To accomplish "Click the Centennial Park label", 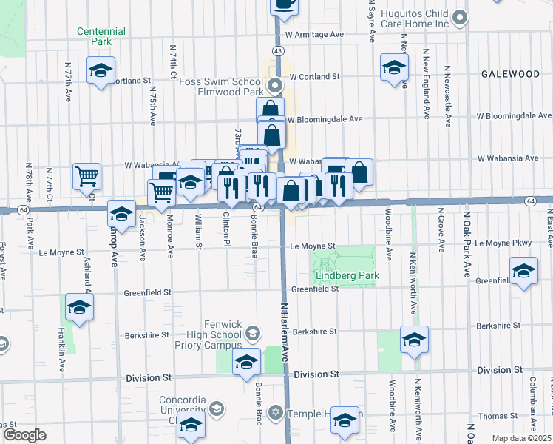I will click(101, 37).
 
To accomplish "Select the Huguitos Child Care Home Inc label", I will click(415, 19).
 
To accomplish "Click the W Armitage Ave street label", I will click(316, 35).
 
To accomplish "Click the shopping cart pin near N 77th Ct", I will click(86, 176).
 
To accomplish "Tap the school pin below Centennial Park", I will click(101, 72).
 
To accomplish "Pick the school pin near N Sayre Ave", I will click(394, 67).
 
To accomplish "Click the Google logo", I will click(24, 435).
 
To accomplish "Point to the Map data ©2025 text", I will click(522, 438).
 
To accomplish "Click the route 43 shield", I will click(277, 50).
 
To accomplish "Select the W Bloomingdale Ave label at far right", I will click(514, 116).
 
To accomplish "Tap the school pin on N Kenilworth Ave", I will click(414, 340).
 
